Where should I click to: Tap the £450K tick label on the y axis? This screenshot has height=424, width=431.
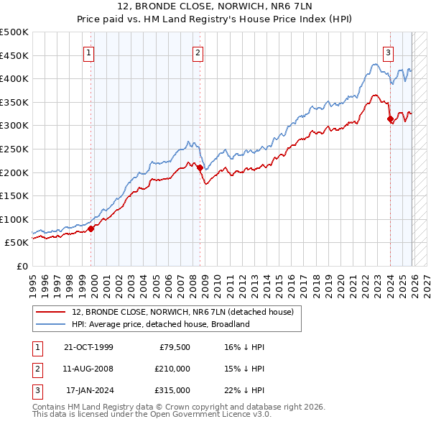point(14,55)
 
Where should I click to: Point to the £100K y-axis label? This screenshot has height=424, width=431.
point(14,219)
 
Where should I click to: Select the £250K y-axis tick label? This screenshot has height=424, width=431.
point(14,149)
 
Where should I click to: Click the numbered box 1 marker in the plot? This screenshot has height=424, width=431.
point(88,52)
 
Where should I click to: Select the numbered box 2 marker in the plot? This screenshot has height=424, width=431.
point(197,52)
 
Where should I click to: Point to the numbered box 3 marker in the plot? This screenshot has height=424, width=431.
point(388,52)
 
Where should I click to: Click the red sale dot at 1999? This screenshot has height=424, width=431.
point(91,229)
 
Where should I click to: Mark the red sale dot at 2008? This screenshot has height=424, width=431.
point(200,168)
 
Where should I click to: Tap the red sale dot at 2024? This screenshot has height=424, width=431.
point(390,119)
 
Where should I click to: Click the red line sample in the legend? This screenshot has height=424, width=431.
point(52,313)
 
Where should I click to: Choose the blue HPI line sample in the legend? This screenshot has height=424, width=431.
point(52,324)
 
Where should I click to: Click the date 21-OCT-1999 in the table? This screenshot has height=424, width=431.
point(88,347)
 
